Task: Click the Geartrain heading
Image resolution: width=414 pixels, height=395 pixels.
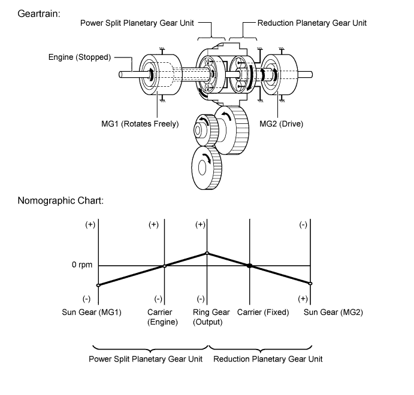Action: tap(39, 14)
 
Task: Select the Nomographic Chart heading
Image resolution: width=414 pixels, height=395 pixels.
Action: tap(61, 200)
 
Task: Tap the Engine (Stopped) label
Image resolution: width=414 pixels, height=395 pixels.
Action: tap(80, 57)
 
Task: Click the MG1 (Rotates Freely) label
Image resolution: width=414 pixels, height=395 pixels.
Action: tap(140, 124)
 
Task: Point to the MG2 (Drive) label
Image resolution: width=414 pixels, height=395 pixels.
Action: tap(281, 124)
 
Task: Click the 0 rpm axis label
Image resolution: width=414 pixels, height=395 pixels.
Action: tap(82, 265)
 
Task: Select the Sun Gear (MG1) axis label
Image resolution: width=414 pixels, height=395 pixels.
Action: tap(92, 312)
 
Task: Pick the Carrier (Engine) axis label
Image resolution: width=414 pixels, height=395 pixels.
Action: tap(162, 317)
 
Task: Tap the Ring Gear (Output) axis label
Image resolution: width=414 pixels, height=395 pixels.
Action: tap(211, 317)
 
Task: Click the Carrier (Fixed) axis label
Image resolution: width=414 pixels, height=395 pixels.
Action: tap(263, 312)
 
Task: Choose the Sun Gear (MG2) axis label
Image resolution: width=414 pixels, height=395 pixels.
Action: tap(333, 312)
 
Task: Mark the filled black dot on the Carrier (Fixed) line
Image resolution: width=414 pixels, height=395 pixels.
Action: tap(249, 266)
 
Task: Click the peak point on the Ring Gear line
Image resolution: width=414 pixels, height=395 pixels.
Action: tap(207, 253)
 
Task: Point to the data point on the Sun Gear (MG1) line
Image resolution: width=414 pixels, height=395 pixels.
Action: tap(98, 285)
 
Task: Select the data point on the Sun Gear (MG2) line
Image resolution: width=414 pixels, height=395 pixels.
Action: tap(310, 284)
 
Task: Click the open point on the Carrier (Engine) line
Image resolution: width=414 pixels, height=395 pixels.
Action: tap(165, 266)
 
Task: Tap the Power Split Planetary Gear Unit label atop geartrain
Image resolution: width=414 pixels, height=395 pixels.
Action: tap(137, 23)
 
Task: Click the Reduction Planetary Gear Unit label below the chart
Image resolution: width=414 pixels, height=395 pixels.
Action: tap(268, 359)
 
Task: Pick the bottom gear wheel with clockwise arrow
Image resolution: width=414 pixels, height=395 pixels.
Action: tap(206, 168)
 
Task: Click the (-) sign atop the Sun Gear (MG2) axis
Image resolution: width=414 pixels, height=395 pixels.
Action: tap(303, 224)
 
